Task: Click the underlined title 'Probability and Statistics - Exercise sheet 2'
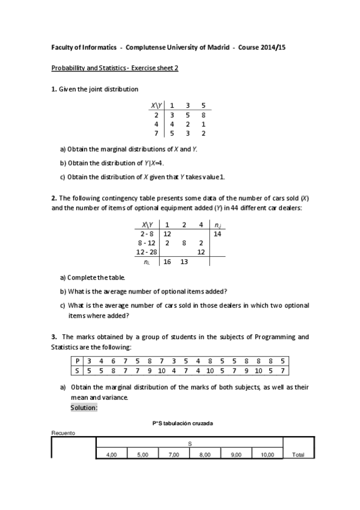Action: tap(115, 68)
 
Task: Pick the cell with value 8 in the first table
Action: tap(203, 114)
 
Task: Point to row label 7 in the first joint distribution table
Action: tap(156, 133)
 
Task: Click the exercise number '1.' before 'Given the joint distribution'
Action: tap(54, 89)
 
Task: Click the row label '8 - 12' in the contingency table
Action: tap(147, 242)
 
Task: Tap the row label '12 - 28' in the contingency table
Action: tap(147, 252)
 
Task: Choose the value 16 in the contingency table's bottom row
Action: tap(167, 262)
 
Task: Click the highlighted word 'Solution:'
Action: tap(83, 407)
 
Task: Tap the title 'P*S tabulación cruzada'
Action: tap(183, 423)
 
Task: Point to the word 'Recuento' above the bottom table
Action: tap(62, 433)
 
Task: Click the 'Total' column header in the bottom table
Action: tap(298, 455)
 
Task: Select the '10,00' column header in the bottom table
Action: tap(267, 455)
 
